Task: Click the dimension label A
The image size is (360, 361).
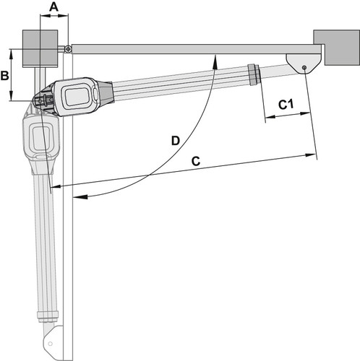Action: (x=53, y=7)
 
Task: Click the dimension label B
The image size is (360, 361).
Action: (x=5, y=75)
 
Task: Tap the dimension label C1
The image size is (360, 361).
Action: (x=286, y=105)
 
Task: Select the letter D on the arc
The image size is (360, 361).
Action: (x=176, y=141)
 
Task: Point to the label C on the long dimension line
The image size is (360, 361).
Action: (x=196, y=161)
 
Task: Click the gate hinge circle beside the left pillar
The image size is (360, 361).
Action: (x=69, y=49)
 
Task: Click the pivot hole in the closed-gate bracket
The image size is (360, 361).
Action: (x=304, y=67)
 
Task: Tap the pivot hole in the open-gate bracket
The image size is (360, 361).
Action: (x=50, y=344)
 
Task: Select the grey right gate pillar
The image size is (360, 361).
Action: (x=337, y=48)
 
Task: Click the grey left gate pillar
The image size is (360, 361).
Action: (x=40, y=48)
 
